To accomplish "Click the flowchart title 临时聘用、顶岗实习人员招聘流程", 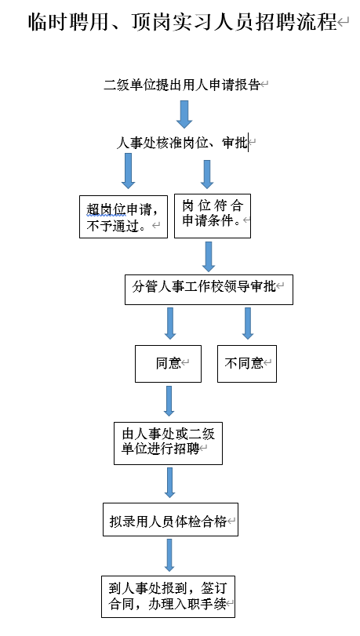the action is (183, 23).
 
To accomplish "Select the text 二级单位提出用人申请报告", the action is (182, 85).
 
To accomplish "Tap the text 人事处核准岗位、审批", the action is (182, 143).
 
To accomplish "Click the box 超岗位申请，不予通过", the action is (123, 216).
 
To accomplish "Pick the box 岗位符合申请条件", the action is (213, 216).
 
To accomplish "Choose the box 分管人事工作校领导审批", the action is (209, 290).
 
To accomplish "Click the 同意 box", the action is (168, 364).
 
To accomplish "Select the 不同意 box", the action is (247, 364).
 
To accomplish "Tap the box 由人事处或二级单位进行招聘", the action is (168, 443).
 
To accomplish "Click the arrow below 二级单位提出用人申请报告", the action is (184, 114).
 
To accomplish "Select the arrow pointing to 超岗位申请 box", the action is (129, 171).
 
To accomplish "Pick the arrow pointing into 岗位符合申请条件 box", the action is (207, 174).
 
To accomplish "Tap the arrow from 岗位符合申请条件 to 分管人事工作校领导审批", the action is (209, 256).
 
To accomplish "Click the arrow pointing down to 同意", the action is (170, 323).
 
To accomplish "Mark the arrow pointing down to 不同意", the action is (248, 323).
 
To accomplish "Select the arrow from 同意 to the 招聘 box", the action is (169, 401).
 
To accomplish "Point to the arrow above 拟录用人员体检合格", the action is (169, 482).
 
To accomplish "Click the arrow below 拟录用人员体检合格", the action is (169, 555).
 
